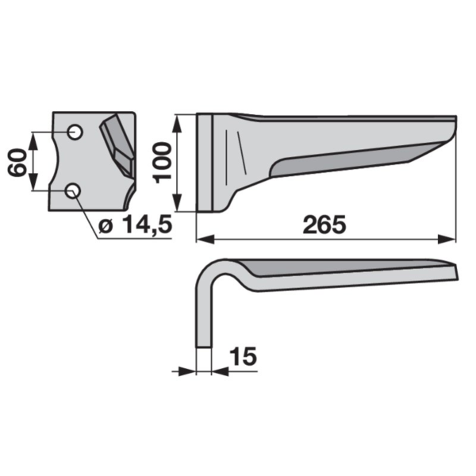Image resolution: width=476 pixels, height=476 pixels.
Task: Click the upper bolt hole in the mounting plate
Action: [75, 132]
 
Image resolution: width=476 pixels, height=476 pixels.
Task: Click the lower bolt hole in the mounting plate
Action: [73, 191]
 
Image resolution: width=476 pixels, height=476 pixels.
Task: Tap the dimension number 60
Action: [17, 162]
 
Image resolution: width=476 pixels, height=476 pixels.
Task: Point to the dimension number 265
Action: [324, 225]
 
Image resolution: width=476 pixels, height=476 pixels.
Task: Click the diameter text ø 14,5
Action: [136, 225]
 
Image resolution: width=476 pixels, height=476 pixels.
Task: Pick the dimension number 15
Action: [244, 356]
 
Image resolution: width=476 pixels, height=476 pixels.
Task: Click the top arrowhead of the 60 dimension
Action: [33, 141]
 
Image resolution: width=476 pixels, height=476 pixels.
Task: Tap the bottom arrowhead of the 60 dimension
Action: [33, 182]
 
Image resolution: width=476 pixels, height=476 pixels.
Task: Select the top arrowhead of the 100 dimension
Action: [177, 124]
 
